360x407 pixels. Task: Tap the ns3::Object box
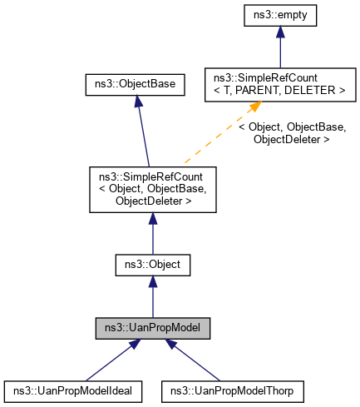coord(153,265)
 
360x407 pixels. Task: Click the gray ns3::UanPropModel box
coord(153,326)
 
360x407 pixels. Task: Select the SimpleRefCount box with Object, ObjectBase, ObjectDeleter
coord(153,188)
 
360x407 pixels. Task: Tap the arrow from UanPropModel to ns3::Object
coord(153,295)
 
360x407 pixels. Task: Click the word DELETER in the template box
coord(319,90)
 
